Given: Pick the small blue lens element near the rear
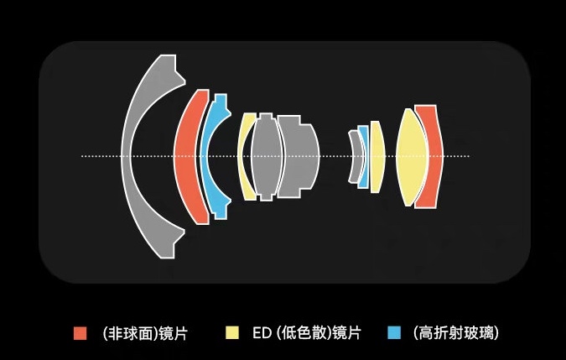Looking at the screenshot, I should [363, 156].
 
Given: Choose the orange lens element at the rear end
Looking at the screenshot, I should [428, 156].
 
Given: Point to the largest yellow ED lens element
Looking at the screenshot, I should [410, 156].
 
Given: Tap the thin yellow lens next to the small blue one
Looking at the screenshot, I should [376, 156].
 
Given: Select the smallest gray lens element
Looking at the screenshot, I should [355, 157].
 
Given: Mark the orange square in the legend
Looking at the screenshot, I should [80, 332].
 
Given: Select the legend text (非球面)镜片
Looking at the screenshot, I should [144, 333].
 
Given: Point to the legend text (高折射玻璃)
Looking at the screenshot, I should [456, 333].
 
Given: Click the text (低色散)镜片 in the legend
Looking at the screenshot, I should [319, 333].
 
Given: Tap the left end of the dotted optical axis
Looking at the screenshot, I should [82, 156].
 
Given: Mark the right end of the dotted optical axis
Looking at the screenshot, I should [468, 156].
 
